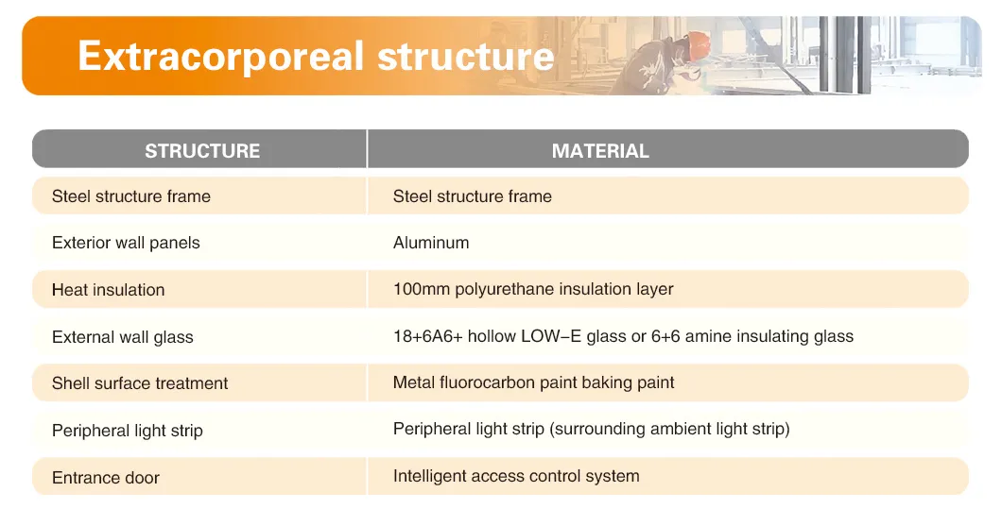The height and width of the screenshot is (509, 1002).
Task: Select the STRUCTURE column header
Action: pyautogui.click(x=202, y=151)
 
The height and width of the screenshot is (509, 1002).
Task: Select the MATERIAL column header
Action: pyautogui.click(x=600, y=151)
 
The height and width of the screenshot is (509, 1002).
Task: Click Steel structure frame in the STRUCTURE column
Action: pyautogui.click(x=131, y=196)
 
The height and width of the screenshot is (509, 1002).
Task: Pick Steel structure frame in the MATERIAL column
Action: pyautogui.click(x=473, y=196)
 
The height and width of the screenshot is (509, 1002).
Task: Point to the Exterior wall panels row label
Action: pyautogui.click(x=126, y=243)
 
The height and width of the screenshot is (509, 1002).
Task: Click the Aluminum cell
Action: pyautogui.click(x=431, y=243)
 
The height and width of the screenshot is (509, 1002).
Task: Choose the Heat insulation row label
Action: pyautogui.click(x=108, y=290)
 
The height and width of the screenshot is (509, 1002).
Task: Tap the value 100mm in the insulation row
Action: pyautogui.click(x=422, y=289)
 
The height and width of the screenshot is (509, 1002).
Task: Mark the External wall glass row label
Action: pyautogui.click(x=123, y=337)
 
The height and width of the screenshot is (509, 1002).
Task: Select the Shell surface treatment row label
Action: pyautogui.click(x=140, y=383)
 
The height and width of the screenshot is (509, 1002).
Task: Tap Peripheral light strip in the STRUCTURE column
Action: pyautogui.click(x=128, y=431)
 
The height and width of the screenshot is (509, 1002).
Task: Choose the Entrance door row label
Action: pyautogui.click(x=106, y=478)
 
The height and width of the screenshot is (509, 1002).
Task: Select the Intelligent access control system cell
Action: pyautogui.click(x=516, y=476)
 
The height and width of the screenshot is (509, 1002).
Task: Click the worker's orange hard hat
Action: pyautogui.click(x=698, y=42)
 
